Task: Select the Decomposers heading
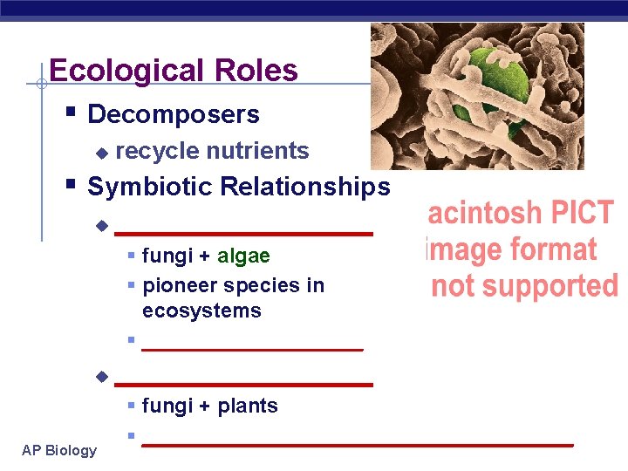(x=174, y=114)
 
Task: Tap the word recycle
(x=156, y=151)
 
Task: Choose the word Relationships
(x=305, y=187)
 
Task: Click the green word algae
(x=243, y=256)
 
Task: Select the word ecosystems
(x=201, y=311)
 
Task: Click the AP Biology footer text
(x=59, y=450)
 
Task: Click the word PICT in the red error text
(x=580, y=214)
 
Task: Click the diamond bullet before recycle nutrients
(x=101, y=153)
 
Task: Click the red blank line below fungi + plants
(x=357, y=444)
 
